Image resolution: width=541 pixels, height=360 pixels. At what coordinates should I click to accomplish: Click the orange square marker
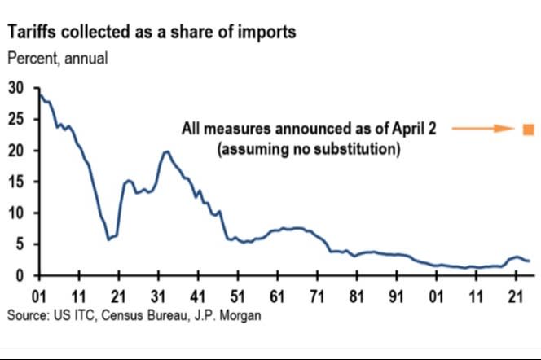[528, 129]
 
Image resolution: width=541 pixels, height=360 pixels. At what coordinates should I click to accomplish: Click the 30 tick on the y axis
[16, 88]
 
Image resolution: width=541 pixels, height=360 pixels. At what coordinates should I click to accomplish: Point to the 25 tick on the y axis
[16, 120]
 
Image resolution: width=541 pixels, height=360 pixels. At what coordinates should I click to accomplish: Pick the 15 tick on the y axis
[16, 182]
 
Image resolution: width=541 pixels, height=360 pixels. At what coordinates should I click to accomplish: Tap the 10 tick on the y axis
[16, 213]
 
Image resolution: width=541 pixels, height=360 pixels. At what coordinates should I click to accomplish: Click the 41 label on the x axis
[197, 293]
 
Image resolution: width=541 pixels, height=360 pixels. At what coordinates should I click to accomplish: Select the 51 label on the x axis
[237, 293]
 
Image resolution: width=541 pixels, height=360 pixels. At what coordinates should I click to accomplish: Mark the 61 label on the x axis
[277, 293]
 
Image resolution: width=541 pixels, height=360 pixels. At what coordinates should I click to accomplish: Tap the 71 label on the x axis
[316, 293]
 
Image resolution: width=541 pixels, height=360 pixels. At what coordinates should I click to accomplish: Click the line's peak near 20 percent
[166, 151]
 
